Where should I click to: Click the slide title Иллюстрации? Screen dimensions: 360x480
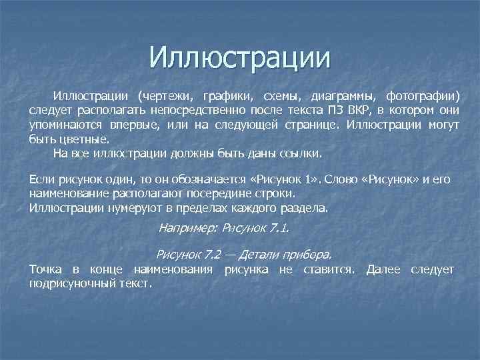[240, 57]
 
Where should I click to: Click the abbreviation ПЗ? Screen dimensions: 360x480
[336, 110]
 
